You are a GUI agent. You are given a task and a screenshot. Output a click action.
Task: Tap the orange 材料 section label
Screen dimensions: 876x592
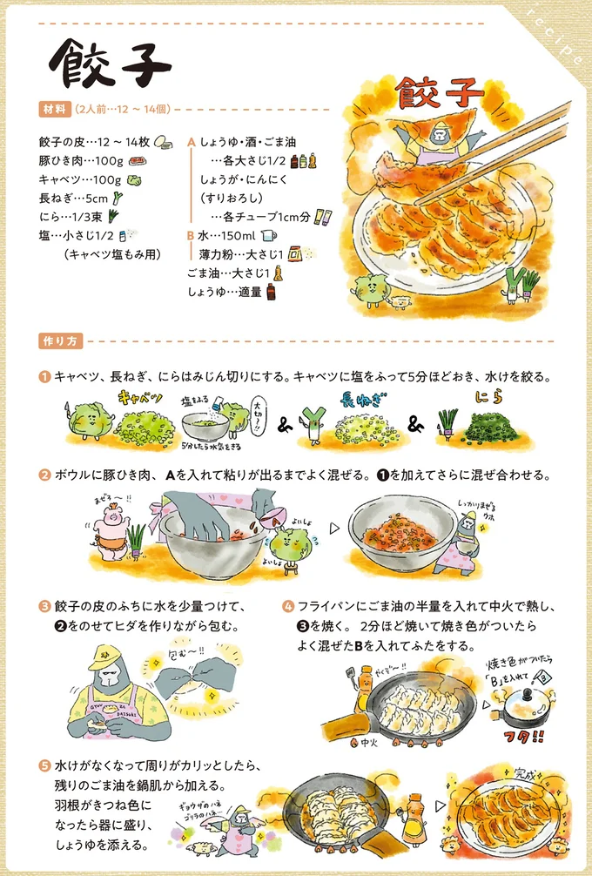(x=53, y=109)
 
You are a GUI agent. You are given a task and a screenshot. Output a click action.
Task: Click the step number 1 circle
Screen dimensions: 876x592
(x=44, y=377)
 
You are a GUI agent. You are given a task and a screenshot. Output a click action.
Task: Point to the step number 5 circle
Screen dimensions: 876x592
(x=44, y=766)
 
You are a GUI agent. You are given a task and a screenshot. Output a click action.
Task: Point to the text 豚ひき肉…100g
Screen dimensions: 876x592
(x=80, y=160)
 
